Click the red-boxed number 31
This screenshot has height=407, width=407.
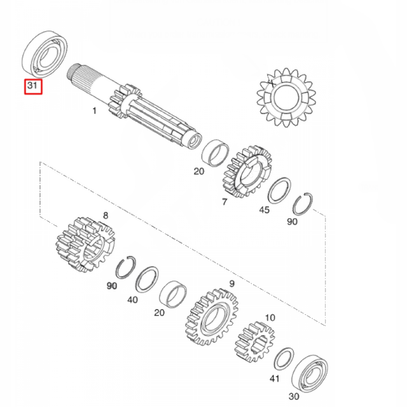pos(32,85)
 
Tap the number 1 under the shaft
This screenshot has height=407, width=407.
pos(94,111)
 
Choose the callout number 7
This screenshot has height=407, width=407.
pos(224,202)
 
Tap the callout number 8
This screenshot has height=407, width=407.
pos(106,216)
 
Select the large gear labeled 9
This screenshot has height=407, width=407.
pos(212,315)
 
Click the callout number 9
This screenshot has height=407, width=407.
pos(231,284)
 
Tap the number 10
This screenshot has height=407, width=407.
pos(270,317)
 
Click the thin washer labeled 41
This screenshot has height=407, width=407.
pos(283,359)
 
